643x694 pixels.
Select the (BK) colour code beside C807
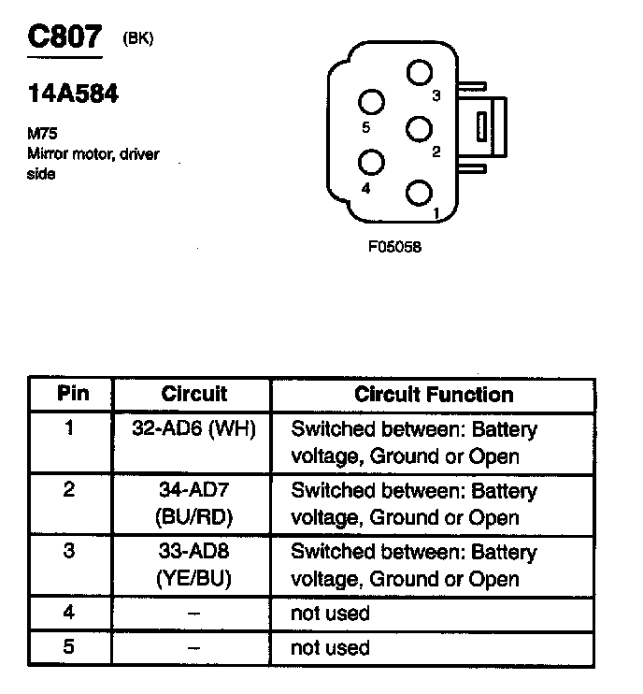click(138, 38)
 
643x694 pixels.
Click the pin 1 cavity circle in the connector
click(420, 194)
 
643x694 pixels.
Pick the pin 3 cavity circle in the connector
click(420, 73)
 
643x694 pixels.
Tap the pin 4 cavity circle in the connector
click(373, 162)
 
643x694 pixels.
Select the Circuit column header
click(193, 394)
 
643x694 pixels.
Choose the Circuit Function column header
click(434, 394)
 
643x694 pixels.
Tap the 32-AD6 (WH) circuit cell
click(193, 430)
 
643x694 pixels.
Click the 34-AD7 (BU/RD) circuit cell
click(193, 504)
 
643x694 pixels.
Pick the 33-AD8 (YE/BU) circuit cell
click(193, 564)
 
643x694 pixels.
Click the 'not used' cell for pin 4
click(331, 614)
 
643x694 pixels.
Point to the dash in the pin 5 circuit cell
click(193, 647)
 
